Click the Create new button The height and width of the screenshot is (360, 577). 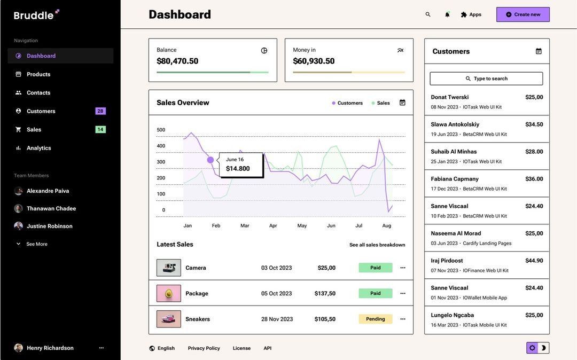pyautogui.click(x=523, y=14)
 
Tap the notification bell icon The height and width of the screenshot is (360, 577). pyautogui.click(x=447, y=14)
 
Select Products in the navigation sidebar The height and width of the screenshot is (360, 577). pyautogui.click(x=38, y=74)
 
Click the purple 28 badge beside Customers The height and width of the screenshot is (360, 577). pyautogui.click(x=100, y=111)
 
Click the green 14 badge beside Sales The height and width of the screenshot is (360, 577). pyautogui.click(x=100, y=129)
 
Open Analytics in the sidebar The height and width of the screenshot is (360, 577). pyautogui.click(x=39, y=148)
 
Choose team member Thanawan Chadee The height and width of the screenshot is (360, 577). pyautogui.click(x=51, y=208)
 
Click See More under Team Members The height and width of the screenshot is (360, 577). pyautogui.click(x=36, y=244)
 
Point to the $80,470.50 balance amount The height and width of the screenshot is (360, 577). pyautogui.click(x=177, y=61)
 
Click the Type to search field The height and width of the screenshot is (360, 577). pyautogui.click(x=486, y=79)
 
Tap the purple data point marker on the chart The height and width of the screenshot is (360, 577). pyautogui.click(x=210, y=160)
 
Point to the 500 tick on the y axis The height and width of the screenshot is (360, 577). pyautogui.click(x=161, y=130)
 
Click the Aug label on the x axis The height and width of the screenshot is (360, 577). pyautogui.click(x=387, y=226)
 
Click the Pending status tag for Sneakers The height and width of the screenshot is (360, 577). pyautogui.click(x=375, y=319)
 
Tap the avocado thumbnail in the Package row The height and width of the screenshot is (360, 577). pyautogui.click(x=169, y=293)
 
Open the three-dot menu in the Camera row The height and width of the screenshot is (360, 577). pyautogui.click(x=403, y=268)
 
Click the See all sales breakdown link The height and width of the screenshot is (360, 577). pyautogui.click(x=377, y=245)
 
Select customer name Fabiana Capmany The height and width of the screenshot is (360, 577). pyautogui.click(x=455, y=179)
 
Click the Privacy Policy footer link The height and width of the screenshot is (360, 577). pyautogui.click(x=204, y=348)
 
